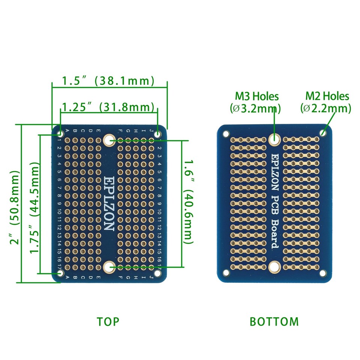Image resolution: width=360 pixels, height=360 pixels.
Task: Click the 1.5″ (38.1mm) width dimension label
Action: [x=108, y=81]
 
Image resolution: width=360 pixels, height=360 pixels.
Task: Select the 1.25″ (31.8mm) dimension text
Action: [x=108, y=107]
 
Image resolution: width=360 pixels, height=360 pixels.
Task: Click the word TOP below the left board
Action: [x=108, y=321]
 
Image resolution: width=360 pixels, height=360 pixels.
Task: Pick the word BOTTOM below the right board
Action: [x=274, y=321]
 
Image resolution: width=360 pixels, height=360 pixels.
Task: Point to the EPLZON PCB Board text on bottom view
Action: [x=274, y=201]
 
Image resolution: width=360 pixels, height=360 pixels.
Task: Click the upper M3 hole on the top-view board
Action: [x=109, y=140]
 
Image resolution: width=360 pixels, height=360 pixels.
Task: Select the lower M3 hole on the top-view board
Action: [x=109, y=267]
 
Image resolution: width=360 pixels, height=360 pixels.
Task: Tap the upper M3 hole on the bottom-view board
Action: [x=274, y=139]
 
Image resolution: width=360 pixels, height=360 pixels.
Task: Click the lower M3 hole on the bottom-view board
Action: [x=274, y=267]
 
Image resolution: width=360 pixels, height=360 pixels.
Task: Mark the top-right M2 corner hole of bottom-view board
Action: [x=323, y=133]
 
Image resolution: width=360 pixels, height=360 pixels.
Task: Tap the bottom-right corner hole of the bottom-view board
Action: [x=323, y=273]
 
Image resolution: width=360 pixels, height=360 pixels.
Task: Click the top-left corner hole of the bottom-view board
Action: [x=226, y=133]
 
